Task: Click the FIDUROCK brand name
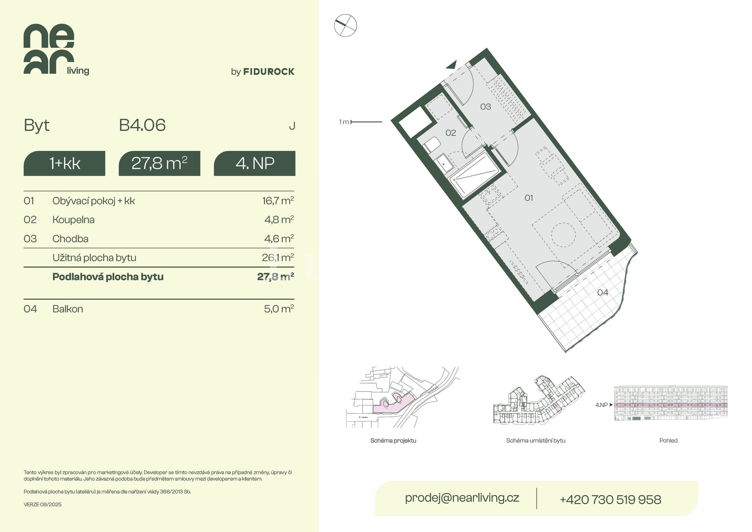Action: (x=269, y=72)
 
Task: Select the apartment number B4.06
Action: (x=142, y=125)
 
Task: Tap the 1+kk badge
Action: (x=65, y=163)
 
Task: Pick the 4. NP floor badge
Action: (x=255, y=163)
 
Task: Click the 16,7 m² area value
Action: (x=278, y=201)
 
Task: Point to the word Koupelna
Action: (x=74, y=220)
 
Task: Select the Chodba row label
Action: (x=70, y=239)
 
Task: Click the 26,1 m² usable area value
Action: (x=278, y=257)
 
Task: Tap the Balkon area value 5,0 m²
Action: (x=279, y=309)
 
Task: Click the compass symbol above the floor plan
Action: (x=345, y=26)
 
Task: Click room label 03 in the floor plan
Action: (x=486, y=107)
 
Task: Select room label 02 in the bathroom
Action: (x=451, y=133)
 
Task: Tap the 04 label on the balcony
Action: (x=603, y=293)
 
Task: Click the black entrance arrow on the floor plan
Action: (x=452, y=65)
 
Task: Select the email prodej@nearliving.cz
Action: (x=462, y=498)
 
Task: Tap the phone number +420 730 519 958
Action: (x=611, y=499)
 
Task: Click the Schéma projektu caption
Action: (x=393, y=441)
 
